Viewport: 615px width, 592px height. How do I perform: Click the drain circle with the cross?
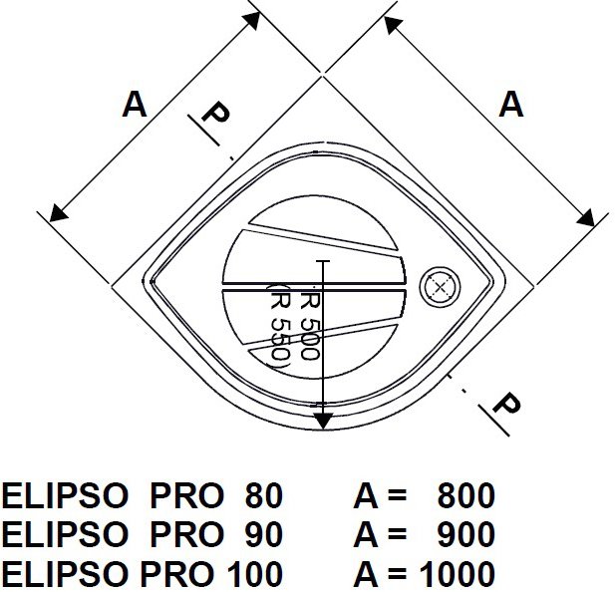click(x=438, y=285)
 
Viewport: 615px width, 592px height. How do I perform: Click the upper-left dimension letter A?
click(x=135, y=104)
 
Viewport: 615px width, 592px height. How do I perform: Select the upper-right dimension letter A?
click(x=510, y=104)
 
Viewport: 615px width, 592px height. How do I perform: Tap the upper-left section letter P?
click(x=213, y=116)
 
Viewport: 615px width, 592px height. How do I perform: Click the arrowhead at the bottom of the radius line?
click(x=322, y=420)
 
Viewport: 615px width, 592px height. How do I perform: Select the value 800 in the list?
click(x=465, y=496)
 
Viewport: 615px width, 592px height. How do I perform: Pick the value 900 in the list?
click(x=465, y=535)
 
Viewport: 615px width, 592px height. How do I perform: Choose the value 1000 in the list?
click(x=457, y=574)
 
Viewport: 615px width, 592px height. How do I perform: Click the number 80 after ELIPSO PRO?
click(x=263, y=496)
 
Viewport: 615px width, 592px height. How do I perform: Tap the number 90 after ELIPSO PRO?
click(x=263, y=535)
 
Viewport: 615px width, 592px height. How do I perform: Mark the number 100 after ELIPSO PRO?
click(x=255, y=574)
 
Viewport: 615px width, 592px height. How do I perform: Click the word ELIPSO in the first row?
click(x=66, y=496)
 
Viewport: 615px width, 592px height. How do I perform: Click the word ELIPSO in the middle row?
click(x=66, y=535)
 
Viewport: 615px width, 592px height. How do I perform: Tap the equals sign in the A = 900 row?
click(x=396, y=535)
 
